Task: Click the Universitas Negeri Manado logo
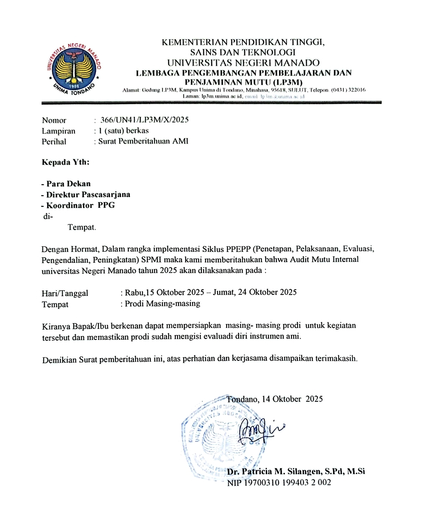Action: [74, 70]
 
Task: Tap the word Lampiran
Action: [58, 131]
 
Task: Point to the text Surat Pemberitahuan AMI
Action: [143, 141]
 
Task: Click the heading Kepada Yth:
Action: [65, 162]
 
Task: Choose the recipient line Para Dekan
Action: [68, 184]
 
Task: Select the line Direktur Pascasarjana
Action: [88, 195]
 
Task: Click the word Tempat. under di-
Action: [82, 227]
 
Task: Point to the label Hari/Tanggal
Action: [65, 293]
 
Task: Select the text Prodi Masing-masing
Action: [162, 304]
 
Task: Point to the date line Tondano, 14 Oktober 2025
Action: [275, 399]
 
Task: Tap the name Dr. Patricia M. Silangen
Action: [274, 472]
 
